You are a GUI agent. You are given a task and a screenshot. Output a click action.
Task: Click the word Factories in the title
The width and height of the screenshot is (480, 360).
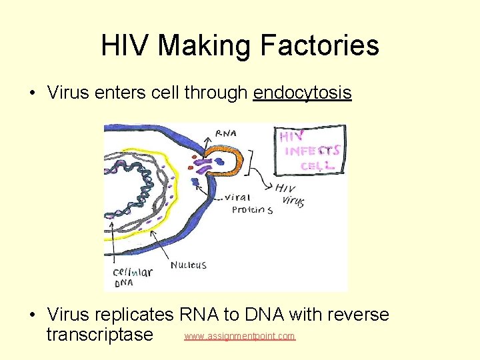tap(319, 45)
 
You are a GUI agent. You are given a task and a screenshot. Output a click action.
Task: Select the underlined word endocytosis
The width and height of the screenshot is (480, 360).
tap(302, 93)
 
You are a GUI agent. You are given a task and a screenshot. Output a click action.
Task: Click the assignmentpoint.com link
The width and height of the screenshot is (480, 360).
tap(239, 336)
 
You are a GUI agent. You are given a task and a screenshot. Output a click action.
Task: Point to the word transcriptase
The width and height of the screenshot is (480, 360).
tap(99, 333)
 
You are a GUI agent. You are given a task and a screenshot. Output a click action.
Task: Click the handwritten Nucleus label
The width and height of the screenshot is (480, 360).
tap(188, 265)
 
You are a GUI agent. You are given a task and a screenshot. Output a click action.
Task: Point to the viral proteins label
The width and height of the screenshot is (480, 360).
tap(251, 204)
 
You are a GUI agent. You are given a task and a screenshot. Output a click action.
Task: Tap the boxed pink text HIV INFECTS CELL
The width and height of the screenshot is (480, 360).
tap(310, 151)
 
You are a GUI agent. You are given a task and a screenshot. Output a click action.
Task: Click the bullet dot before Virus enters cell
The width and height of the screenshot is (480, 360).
tap(33, 93)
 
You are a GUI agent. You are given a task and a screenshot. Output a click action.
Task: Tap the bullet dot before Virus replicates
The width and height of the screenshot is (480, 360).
tap(33, 315)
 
